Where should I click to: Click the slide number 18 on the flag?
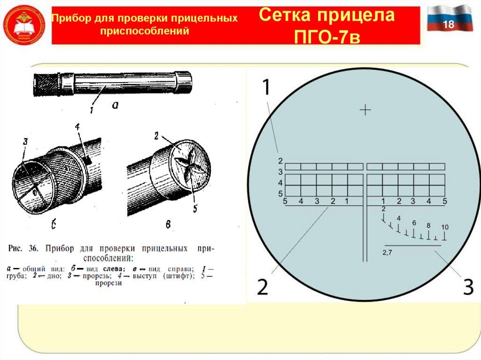pyautogui.click(x=449, y=25)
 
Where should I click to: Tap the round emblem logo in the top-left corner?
pyautogui.click(x=24, y=24)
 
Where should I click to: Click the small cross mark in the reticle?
pyautogui.click(x=365, y=110)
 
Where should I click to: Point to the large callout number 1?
pyautogui.click(x=266, y=88)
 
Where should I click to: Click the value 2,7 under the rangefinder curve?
pyautogui.click(x=388, y=253)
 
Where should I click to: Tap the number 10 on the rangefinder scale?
pyautogui.click(x=445, y=227)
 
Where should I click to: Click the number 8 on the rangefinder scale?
pyautogui.click(x=428, y=225)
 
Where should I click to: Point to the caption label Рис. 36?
pyautogui.click(x=22, y=247)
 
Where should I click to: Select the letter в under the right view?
pyautogui.click(x=168, y=225)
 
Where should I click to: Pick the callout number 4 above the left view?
pyautogui.click(x=78, y=126)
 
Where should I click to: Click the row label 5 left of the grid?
pyautogui.click(x=279, y=193)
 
